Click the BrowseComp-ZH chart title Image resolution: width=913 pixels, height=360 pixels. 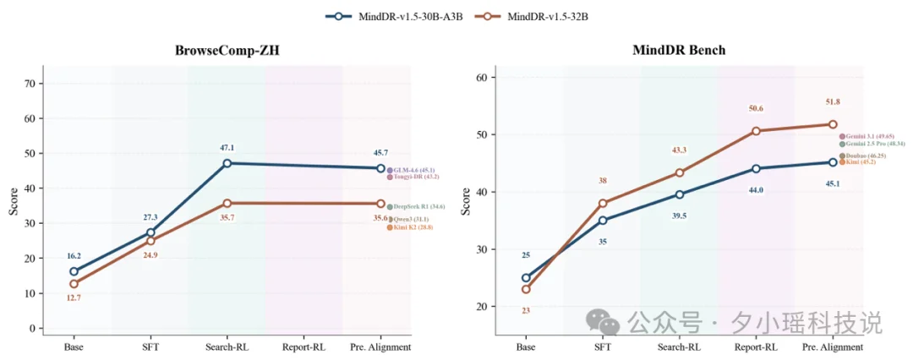coord(227,51)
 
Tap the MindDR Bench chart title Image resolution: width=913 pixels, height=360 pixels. coord(679,51)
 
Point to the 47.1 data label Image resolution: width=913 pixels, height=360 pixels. coord(227,147)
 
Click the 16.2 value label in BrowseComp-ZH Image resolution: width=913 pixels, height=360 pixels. coord(74,256)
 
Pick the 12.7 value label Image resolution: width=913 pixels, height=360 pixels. coord(74,297)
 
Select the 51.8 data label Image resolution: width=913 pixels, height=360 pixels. coord(833,102)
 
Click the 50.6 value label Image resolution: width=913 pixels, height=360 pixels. coord(756,108)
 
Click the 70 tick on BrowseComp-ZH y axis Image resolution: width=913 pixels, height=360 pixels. coord(30,84)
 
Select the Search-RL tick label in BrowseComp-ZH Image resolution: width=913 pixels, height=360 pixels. coord(227,346)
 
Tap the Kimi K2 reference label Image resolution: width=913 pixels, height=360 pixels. coord(413,226)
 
